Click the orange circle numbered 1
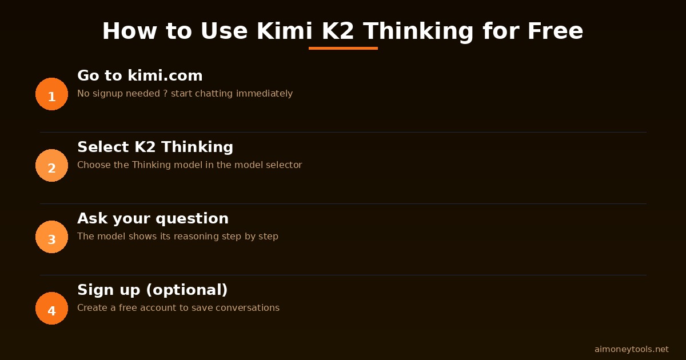51,94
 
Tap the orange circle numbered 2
51,166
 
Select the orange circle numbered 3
51,237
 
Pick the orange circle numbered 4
51,309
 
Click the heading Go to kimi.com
140,76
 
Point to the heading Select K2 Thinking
155,147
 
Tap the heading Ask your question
153,219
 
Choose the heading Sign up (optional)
152,290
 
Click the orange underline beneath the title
343,49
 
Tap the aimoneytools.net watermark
631,349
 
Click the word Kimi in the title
285,31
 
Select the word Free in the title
555,31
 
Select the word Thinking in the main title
418,31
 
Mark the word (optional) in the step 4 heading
187,290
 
